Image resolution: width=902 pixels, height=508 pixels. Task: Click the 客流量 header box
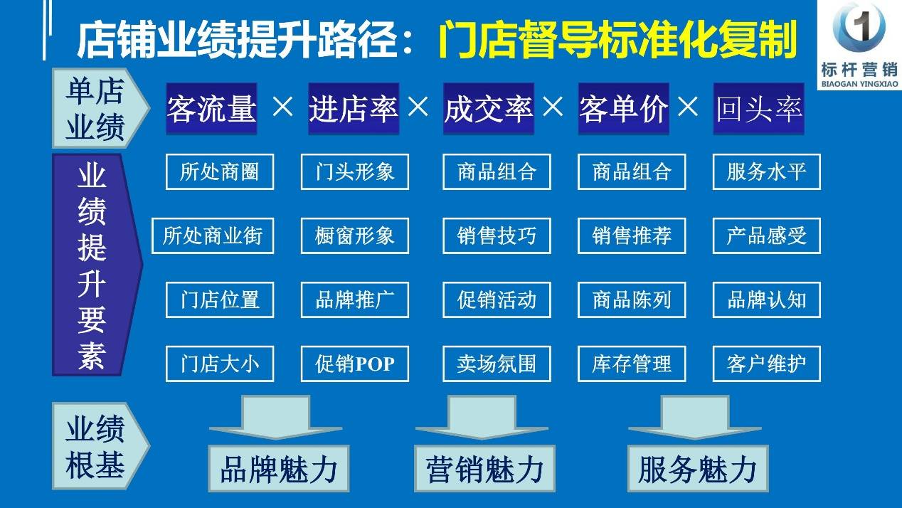click(x=211, y=108)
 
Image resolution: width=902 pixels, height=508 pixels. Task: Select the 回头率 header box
click(x=758, y=108)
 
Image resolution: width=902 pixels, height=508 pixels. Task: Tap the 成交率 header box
click(x=489, y=108)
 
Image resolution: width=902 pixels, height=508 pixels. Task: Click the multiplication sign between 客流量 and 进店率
click(x=282, y=107)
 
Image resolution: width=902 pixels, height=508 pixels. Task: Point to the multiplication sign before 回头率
click(x=688, y=107)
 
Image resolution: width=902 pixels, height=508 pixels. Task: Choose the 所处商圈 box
click(x=220, y=171)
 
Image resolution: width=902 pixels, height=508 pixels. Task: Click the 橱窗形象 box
click(x=355, y=236)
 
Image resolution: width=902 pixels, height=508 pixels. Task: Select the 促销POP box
click(x=355, y=364)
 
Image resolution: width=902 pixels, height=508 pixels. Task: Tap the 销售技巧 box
click(x=497, y=236)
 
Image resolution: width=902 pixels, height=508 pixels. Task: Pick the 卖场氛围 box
click(x=497, y=364)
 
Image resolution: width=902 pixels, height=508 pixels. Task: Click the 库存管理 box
click(x=632, y=364)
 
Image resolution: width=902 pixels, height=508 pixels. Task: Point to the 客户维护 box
click(x=767, y=364)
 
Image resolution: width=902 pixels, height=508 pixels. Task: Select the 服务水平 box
click(x=767, y=171)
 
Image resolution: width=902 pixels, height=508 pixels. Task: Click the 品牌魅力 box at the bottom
click(x=279, y=469)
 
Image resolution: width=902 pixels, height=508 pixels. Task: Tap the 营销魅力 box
click(x=485, y=469)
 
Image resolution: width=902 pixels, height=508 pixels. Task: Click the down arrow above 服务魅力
click(x=695, y=417)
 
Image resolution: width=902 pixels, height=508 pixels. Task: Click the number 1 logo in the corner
click(x=859, y=26)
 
